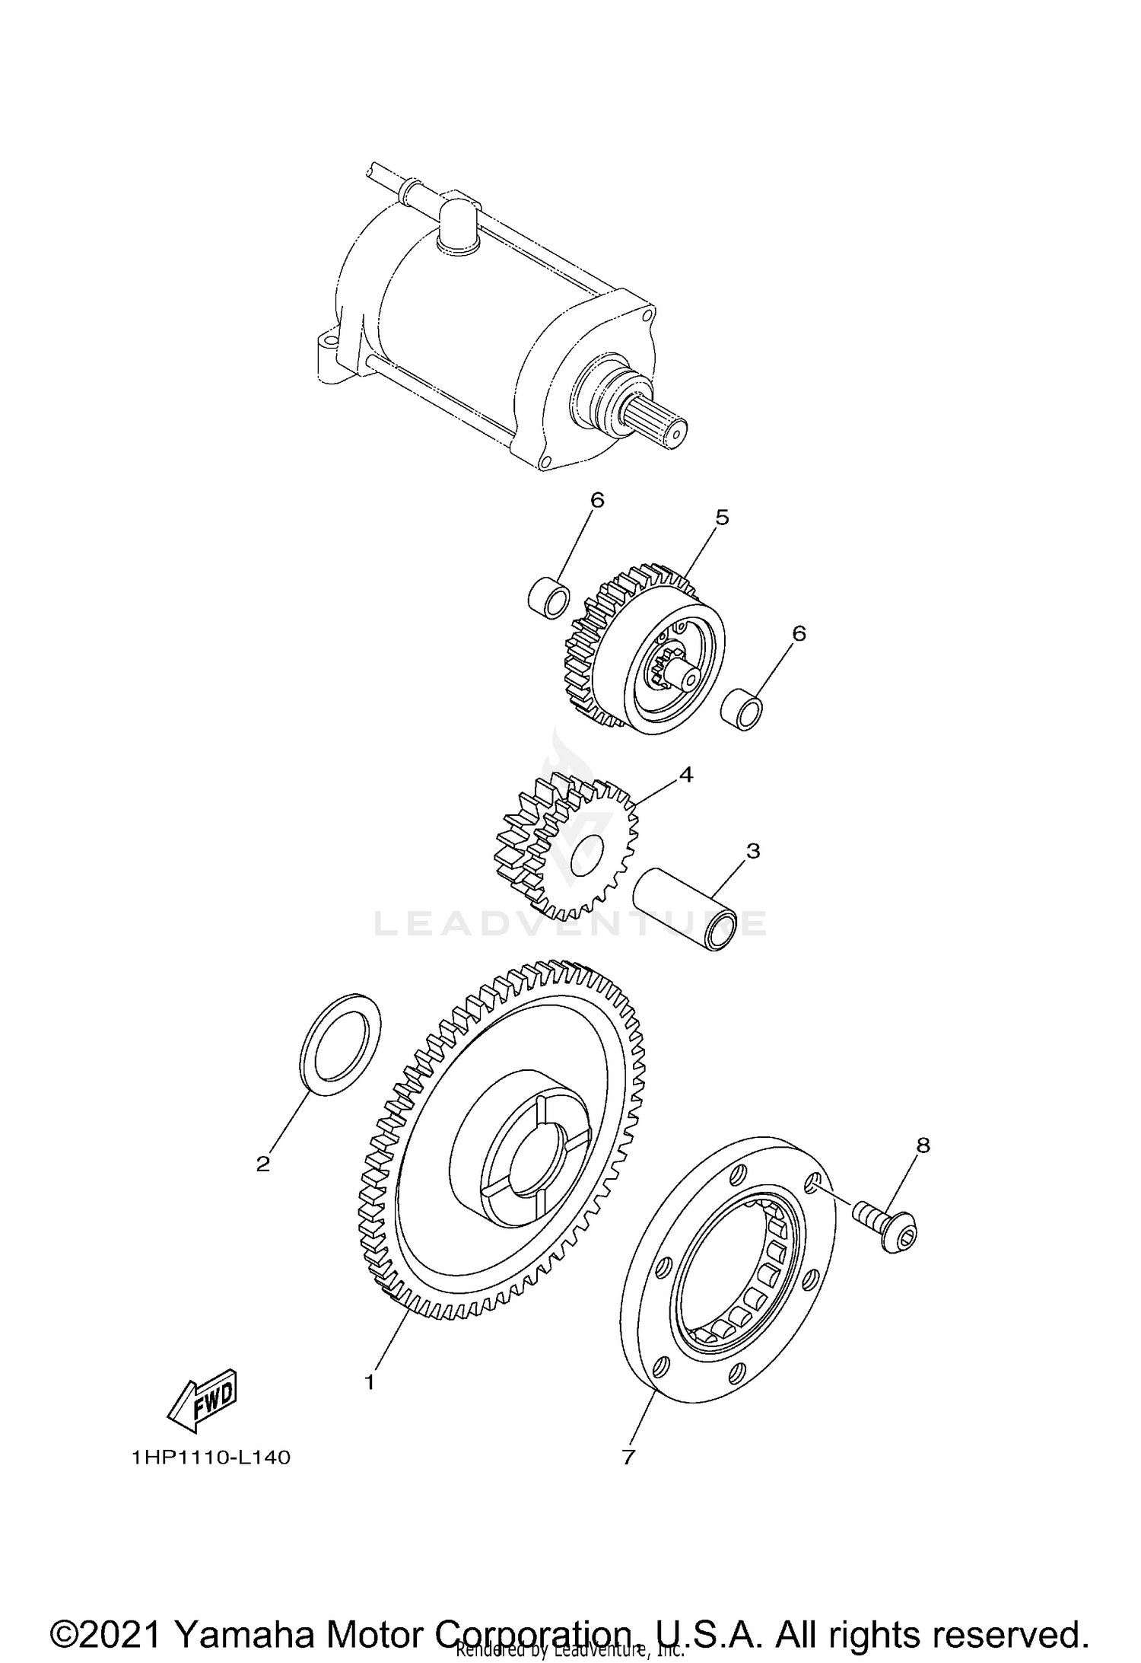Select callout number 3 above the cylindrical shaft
point(752,851)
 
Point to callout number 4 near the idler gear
point(685,776)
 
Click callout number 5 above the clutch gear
point(722,518)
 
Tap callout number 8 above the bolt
point(923,1167)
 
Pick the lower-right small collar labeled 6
point(742,709)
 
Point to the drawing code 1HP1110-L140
point(211,1458)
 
